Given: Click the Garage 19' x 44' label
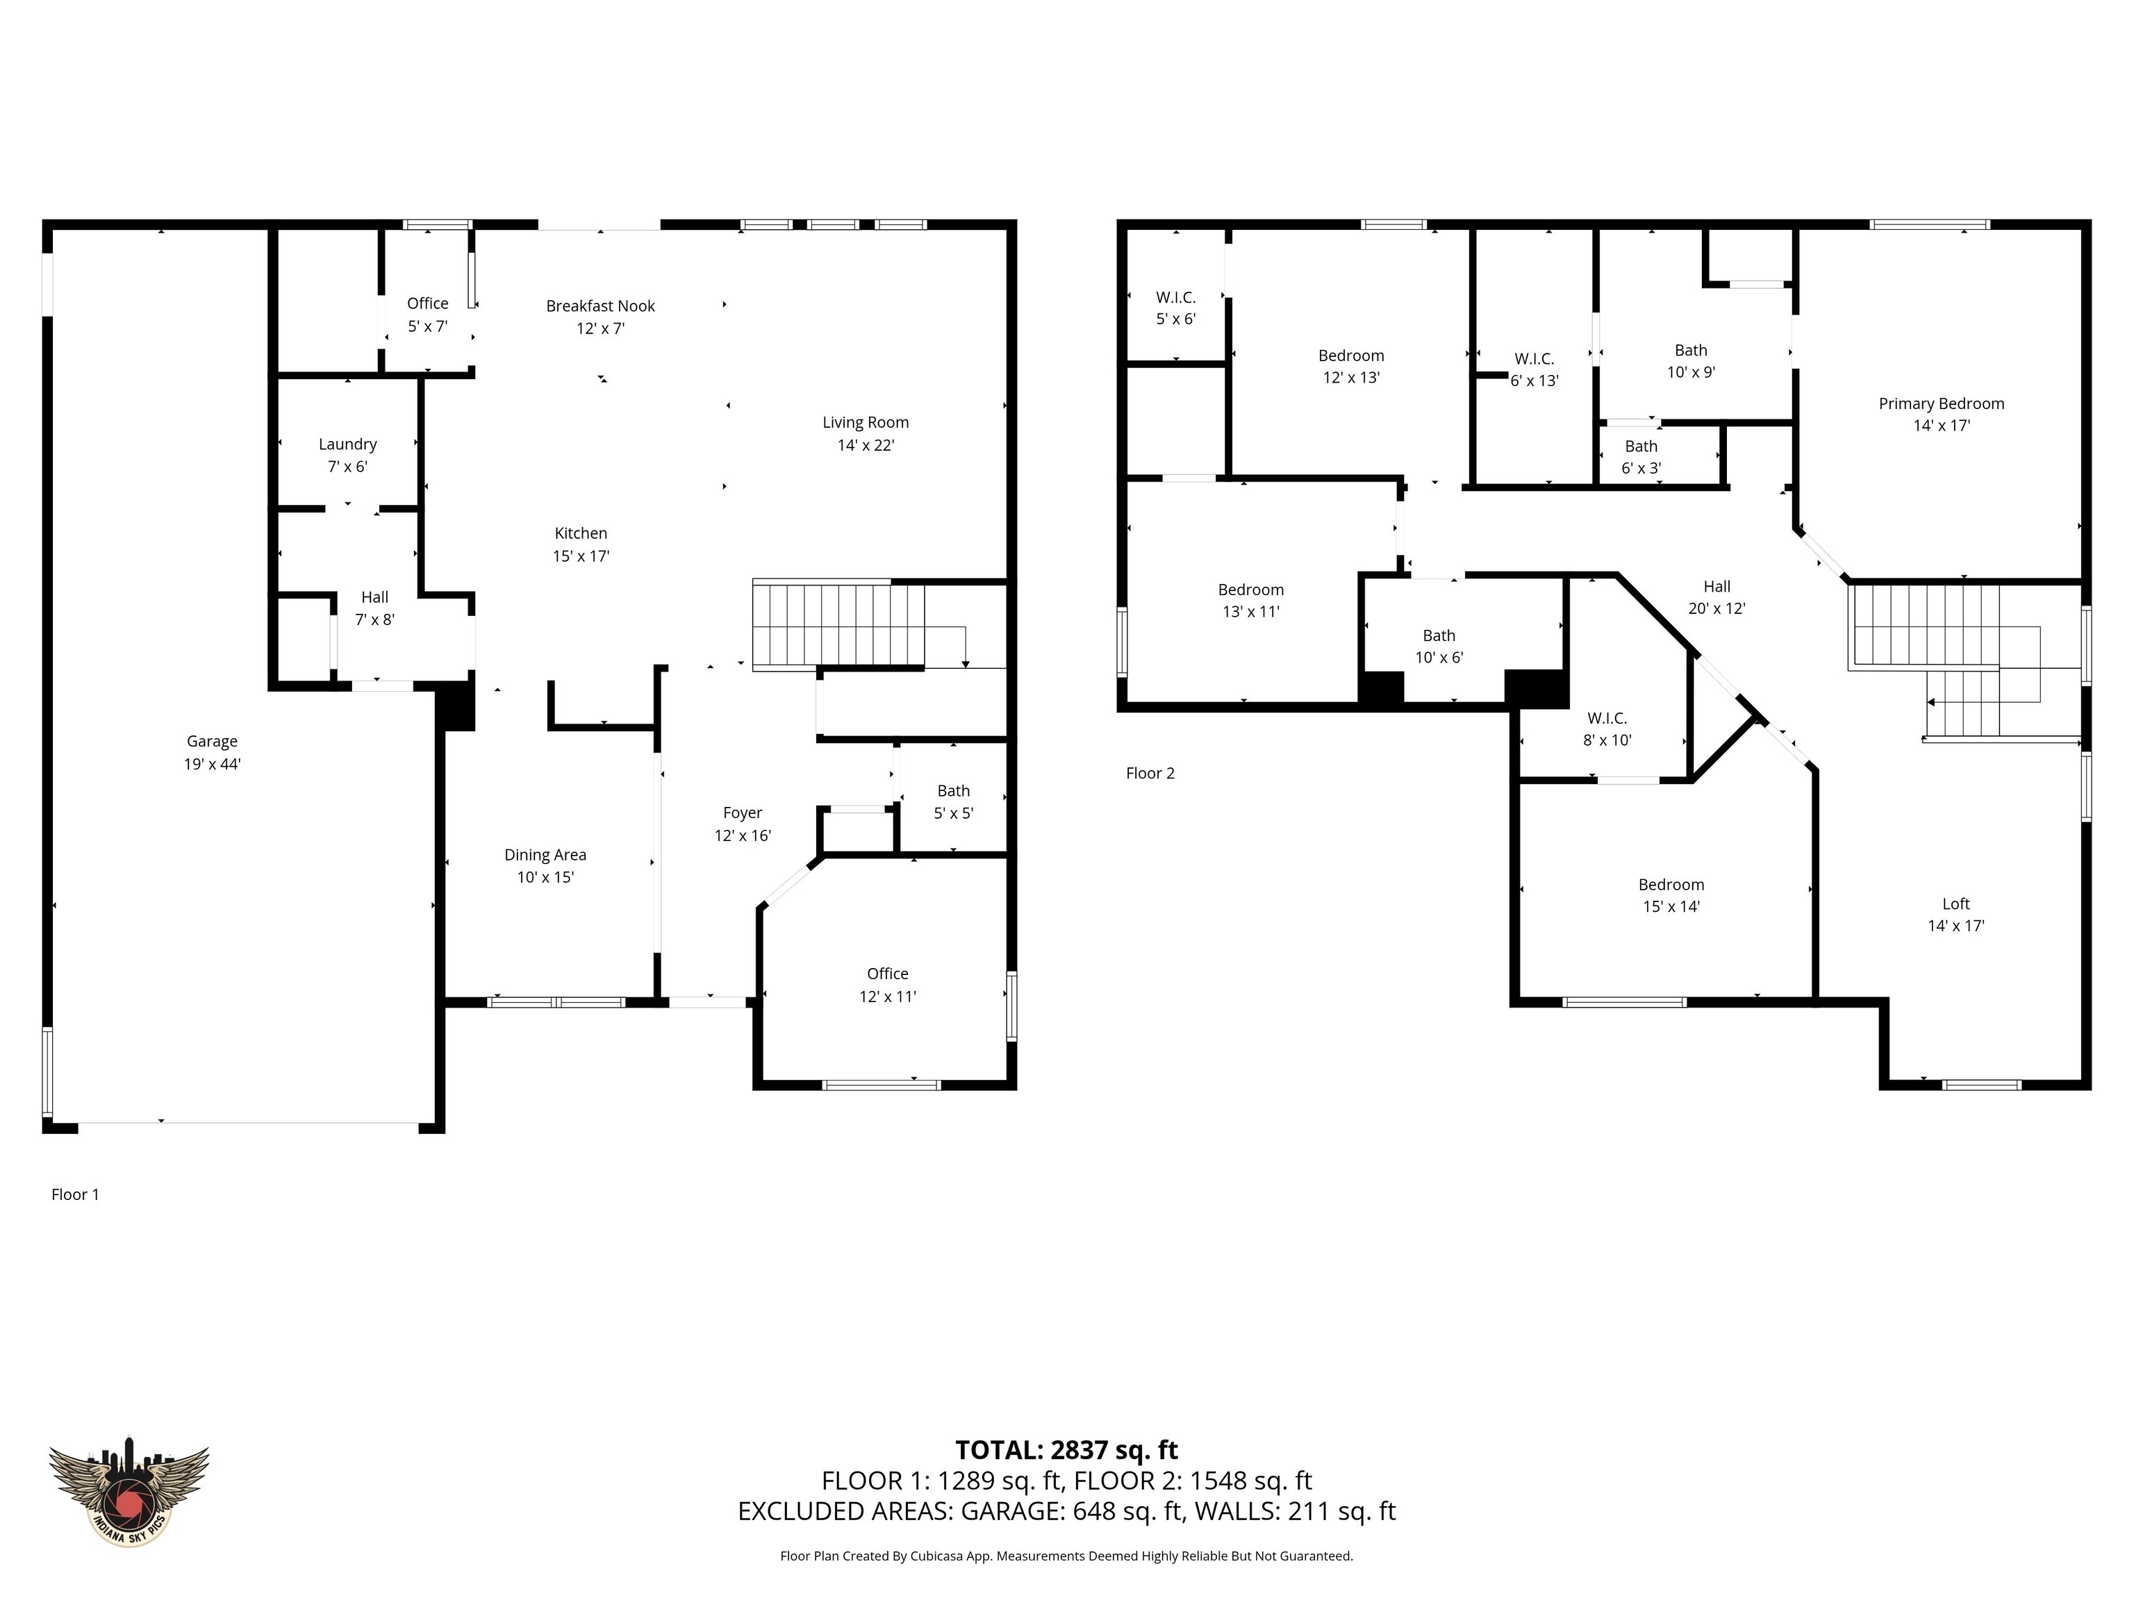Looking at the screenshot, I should tap(213, 752).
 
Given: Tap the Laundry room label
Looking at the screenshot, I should tap(347, 444).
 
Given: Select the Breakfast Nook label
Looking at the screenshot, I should tap(600, 307).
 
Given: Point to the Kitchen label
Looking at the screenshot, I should tap(581, 533).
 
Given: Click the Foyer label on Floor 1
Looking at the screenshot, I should tap(742, 813).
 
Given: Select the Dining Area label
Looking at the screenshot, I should tap(545, 856).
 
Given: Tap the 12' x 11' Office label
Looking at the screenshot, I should tap(888, 985).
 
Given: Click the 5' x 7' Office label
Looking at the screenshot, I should tap(427, 315).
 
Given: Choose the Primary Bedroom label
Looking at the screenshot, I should tap(1941, 404).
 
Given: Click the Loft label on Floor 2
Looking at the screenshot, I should tap(1955, 903).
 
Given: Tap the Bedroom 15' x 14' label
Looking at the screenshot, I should tap(1671, 895).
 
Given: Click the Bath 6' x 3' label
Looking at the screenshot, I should tap(1640, 457).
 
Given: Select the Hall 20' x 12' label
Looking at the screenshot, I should tap(1717, 597).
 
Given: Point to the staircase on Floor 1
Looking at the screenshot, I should tap(837, 625).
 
